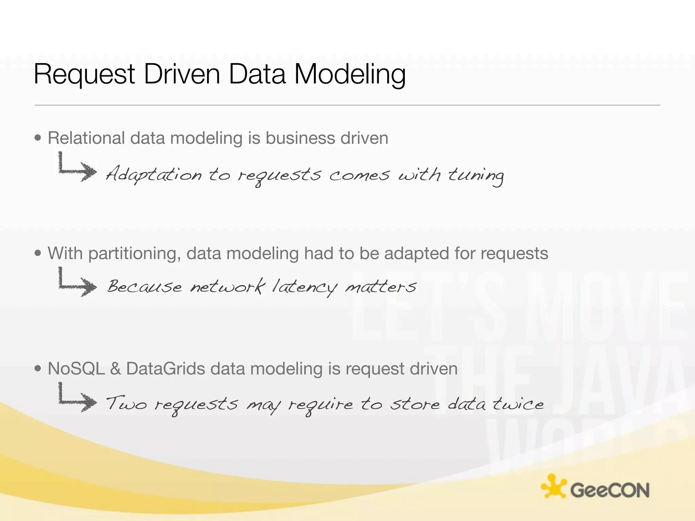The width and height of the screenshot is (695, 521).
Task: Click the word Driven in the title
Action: [x=182, y=74]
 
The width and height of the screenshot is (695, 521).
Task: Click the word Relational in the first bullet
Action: [x=86, y=138]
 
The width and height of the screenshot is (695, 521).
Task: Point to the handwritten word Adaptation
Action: [x=153, y=175]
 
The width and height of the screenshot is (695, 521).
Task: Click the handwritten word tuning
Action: [x=476, y=176]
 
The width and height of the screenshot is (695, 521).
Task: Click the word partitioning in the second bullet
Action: [x=134, y=253]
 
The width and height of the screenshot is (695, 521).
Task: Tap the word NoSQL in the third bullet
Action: [x=76, y=369]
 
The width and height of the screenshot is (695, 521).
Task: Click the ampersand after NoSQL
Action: [x=115, y=369]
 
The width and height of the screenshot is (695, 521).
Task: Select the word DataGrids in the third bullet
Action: [x=165, y=369]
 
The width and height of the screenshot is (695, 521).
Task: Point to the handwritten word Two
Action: [x=126, y=403]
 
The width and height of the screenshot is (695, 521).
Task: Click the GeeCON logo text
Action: [x=609, y=490]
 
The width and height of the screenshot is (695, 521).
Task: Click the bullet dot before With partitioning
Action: [x=38, y=253]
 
